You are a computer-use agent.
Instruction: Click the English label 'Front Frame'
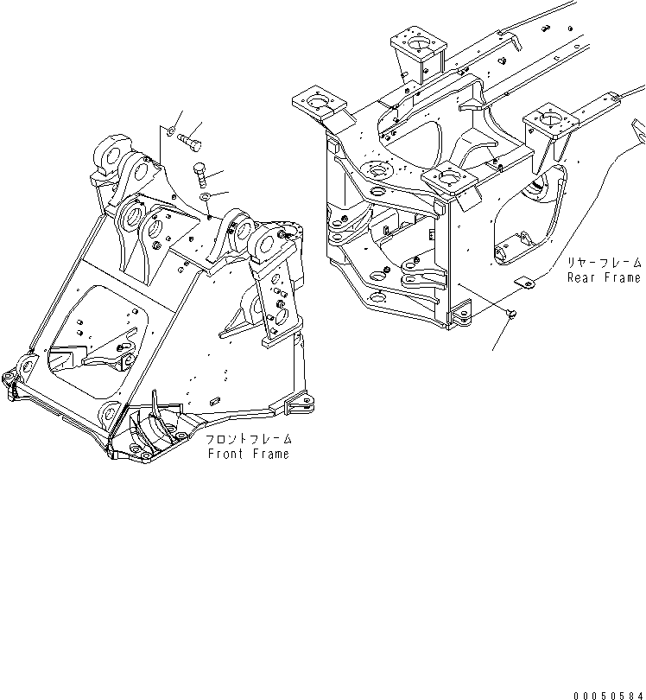(x=248, y=454)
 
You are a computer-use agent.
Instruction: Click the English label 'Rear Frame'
(x=604, y=277)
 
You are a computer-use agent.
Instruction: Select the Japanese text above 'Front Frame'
(x=249, y=439)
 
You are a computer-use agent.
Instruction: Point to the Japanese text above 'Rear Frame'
(x=605, y=262)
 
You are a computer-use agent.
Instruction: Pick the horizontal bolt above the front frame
(x=192, y=137)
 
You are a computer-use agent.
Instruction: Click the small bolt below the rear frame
(x=512, y=313)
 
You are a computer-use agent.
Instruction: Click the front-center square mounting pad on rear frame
(x=449, y=181)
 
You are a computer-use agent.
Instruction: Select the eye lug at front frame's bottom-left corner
(x=10, y=382)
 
